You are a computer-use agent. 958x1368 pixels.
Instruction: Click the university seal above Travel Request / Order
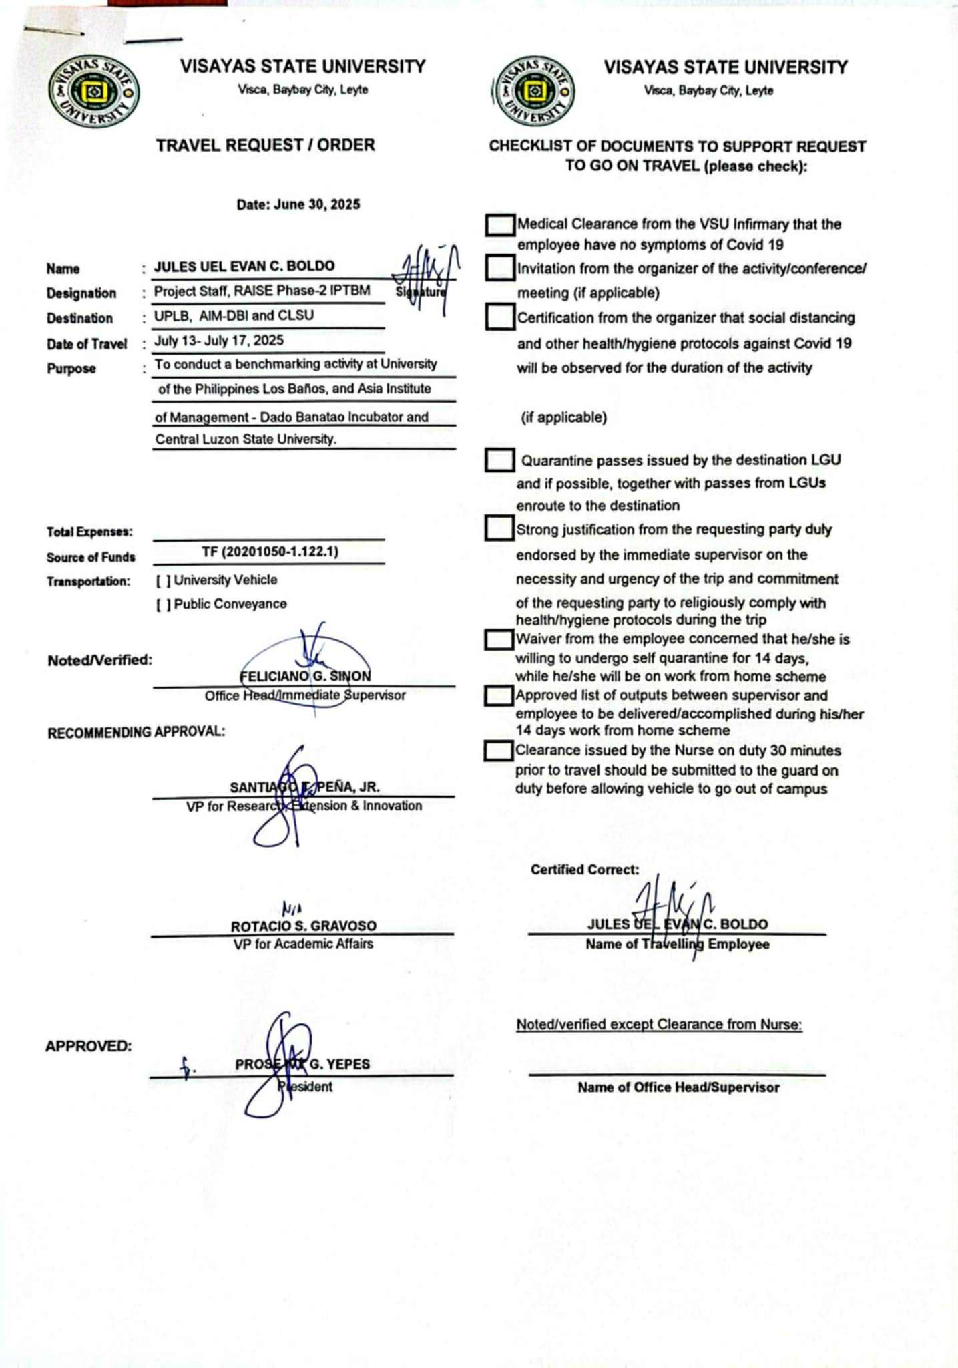[x=94, y=92]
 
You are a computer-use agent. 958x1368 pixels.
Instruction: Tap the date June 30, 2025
[x=298, y=204]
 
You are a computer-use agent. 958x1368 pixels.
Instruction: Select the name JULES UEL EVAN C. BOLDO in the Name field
[x=244, y=266]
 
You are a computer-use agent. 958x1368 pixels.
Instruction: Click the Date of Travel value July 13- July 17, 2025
[x=219, y=341]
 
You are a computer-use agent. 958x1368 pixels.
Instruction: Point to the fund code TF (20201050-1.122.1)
[x=270, y=552]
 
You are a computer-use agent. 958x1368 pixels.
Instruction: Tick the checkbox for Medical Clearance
[x=499, y=225]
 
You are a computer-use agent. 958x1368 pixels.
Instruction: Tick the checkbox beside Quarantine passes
[x=499, y=460]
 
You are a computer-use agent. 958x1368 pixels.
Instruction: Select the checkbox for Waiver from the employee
[x=498, y=639]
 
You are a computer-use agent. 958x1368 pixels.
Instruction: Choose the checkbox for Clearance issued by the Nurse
[x=498, y=751]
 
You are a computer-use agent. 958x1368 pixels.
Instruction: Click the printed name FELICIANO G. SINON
[x=305, y=676]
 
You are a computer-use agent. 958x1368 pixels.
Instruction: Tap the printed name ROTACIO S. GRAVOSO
[x=303, y=926]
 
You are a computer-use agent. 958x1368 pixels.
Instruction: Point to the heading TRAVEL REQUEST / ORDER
[x=265, y=145]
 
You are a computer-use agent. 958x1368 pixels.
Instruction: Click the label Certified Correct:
[x=584, y=870]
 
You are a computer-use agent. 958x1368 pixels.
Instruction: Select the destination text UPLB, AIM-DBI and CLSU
[x=234, y=315]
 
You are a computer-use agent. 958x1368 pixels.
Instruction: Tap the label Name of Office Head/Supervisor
[x=678, y=1087]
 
